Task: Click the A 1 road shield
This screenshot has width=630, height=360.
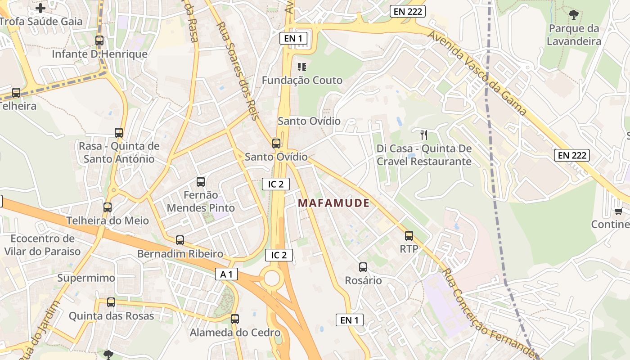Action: [226, 274]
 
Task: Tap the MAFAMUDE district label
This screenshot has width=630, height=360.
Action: [333, 203]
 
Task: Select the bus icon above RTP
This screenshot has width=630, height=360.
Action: [409, 235]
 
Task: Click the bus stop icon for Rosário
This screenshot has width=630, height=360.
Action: [363, 267]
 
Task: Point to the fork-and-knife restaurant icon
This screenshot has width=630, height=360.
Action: [423, 135]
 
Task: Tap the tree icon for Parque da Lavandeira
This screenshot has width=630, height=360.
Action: [573, 15]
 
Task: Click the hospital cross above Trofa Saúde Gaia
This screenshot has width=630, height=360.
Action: [40, 8]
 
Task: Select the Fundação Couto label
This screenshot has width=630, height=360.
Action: [302, 81]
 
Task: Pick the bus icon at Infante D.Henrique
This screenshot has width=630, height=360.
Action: [99, 40]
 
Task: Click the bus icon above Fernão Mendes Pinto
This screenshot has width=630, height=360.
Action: [201, 182]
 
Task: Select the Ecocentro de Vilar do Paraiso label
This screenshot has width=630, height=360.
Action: [43, 245]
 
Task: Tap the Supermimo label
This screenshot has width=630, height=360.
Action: [86, 278]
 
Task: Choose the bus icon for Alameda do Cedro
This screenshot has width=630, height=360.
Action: [235, 319]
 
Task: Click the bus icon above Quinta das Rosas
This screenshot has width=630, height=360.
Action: [111, 302]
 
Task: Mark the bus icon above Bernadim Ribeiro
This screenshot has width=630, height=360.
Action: [180, 240]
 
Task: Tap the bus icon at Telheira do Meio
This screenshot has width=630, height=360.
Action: [108, 207]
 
